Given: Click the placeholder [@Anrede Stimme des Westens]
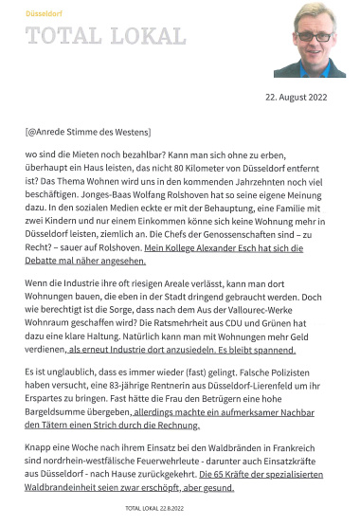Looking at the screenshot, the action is click(87, 130).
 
